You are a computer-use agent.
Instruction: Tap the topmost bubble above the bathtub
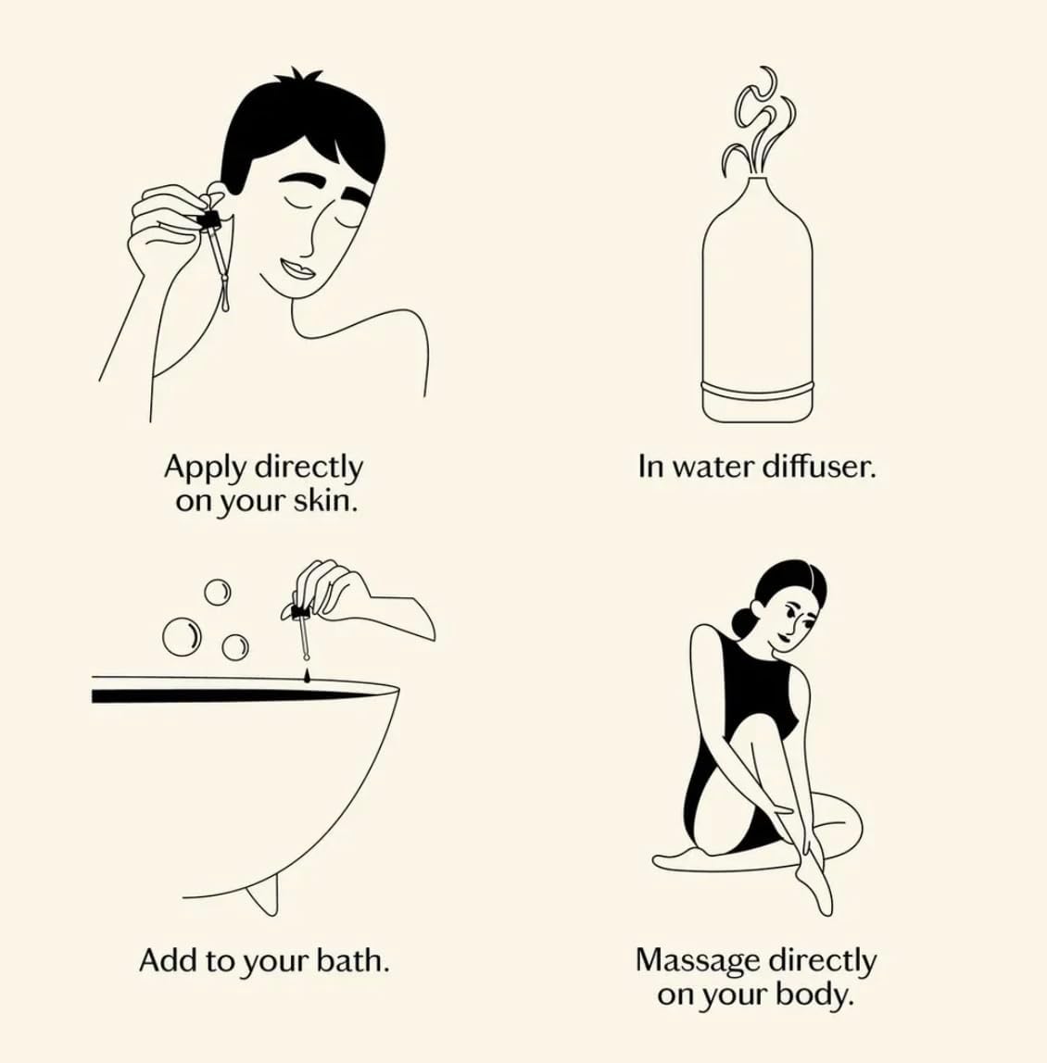(217, 592)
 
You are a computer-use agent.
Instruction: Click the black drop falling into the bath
(308, 675)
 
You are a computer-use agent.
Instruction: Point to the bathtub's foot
(263, 895)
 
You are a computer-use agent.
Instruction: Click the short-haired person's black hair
(302, 132)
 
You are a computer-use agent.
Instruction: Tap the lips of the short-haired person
(297, 269)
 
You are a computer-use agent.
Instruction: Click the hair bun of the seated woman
(742, 619)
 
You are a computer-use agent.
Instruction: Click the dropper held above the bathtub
(303, 627)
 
